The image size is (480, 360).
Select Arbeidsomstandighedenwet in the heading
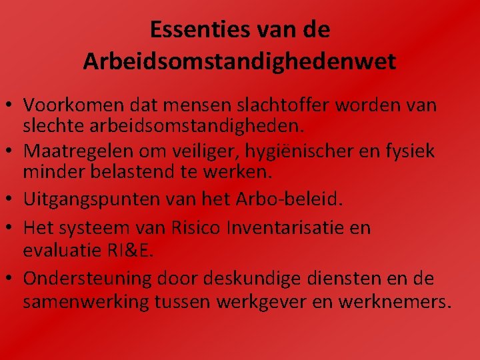240,62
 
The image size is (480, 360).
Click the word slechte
53,124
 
